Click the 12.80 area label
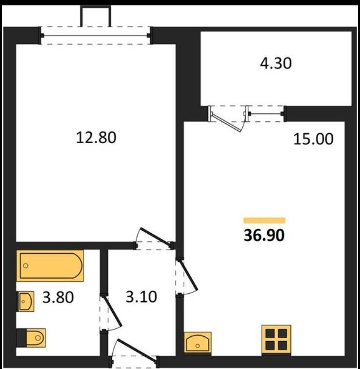tap(96, 138)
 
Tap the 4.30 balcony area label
tap(276, 63)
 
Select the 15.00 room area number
tap(313, 139)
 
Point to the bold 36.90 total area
tap(264, 235)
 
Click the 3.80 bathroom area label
tap(58, 297)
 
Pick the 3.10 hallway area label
tap(141, 297)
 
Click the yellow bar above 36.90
tap(264, 220)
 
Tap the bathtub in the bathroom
tap(50, 266)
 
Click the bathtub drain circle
tap(26, 266)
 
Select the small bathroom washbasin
tap(25, 302)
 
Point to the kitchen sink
tap(198, 343)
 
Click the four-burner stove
tap(276, 339)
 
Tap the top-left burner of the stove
tap(270, 333)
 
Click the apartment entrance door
tap(137, 349)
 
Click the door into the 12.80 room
tap(155, 237)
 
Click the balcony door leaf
tap(227, 122)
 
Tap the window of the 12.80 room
tap(96, 36)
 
